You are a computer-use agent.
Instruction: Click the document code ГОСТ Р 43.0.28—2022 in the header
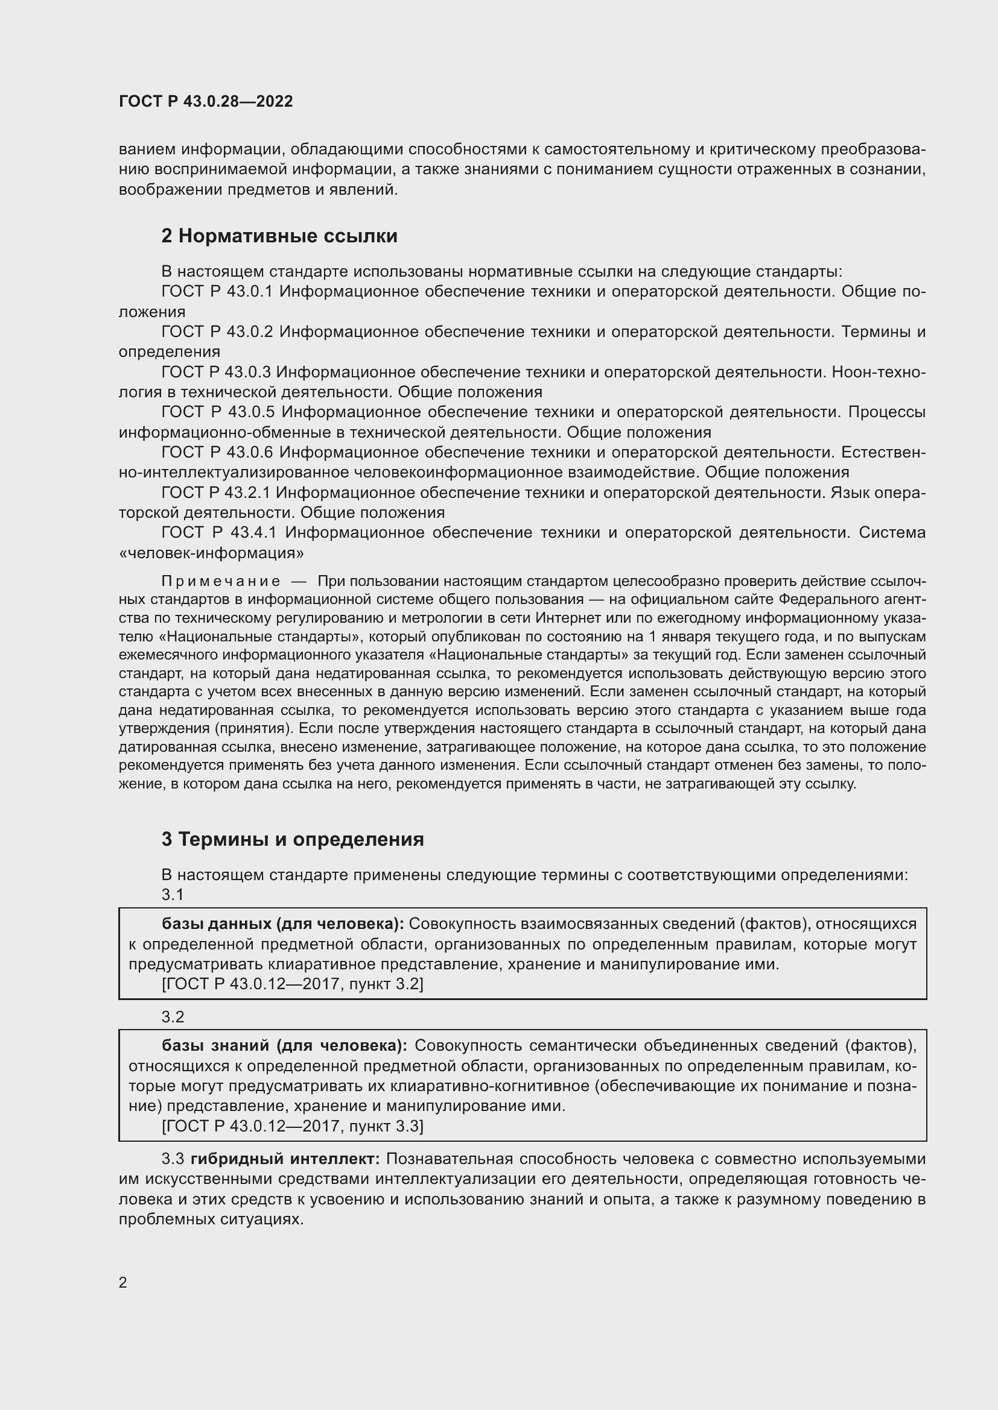tap(206, 101)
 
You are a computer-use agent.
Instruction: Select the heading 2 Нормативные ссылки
tap(279, 236)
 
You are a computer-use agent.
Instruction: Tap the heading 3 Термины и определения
tap(293, 839)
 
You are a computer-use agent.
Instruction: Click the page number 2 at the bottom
tap(123, 1282)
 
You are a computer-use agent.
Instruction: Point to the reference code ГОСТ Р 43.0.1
tap(217, 291)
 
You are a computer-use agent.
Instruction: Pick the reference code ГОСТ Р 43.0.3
tap(217, 372)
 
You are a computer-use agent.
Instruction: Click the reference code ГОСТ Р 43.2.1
tap(217, 493)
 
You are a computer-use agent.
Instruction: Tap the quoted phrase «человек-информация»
tap(211, 553)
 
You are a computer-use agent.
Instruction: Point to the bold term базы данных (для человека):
tap(282, 924)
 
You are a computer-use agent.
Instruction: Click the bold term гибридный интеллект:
tap(285, 1159)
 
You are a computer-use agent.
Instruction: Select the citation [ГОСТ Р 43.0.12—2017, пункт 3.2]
tap(293, 984)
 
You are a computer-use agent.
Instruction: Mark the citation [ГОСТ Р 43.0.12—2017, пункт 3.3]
tap(293, 1125)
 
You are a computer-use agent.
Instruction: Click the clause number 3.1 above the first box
tap(173, 895)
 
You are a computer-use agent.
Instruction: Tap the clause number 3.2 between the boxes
tap(173, 1017)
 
